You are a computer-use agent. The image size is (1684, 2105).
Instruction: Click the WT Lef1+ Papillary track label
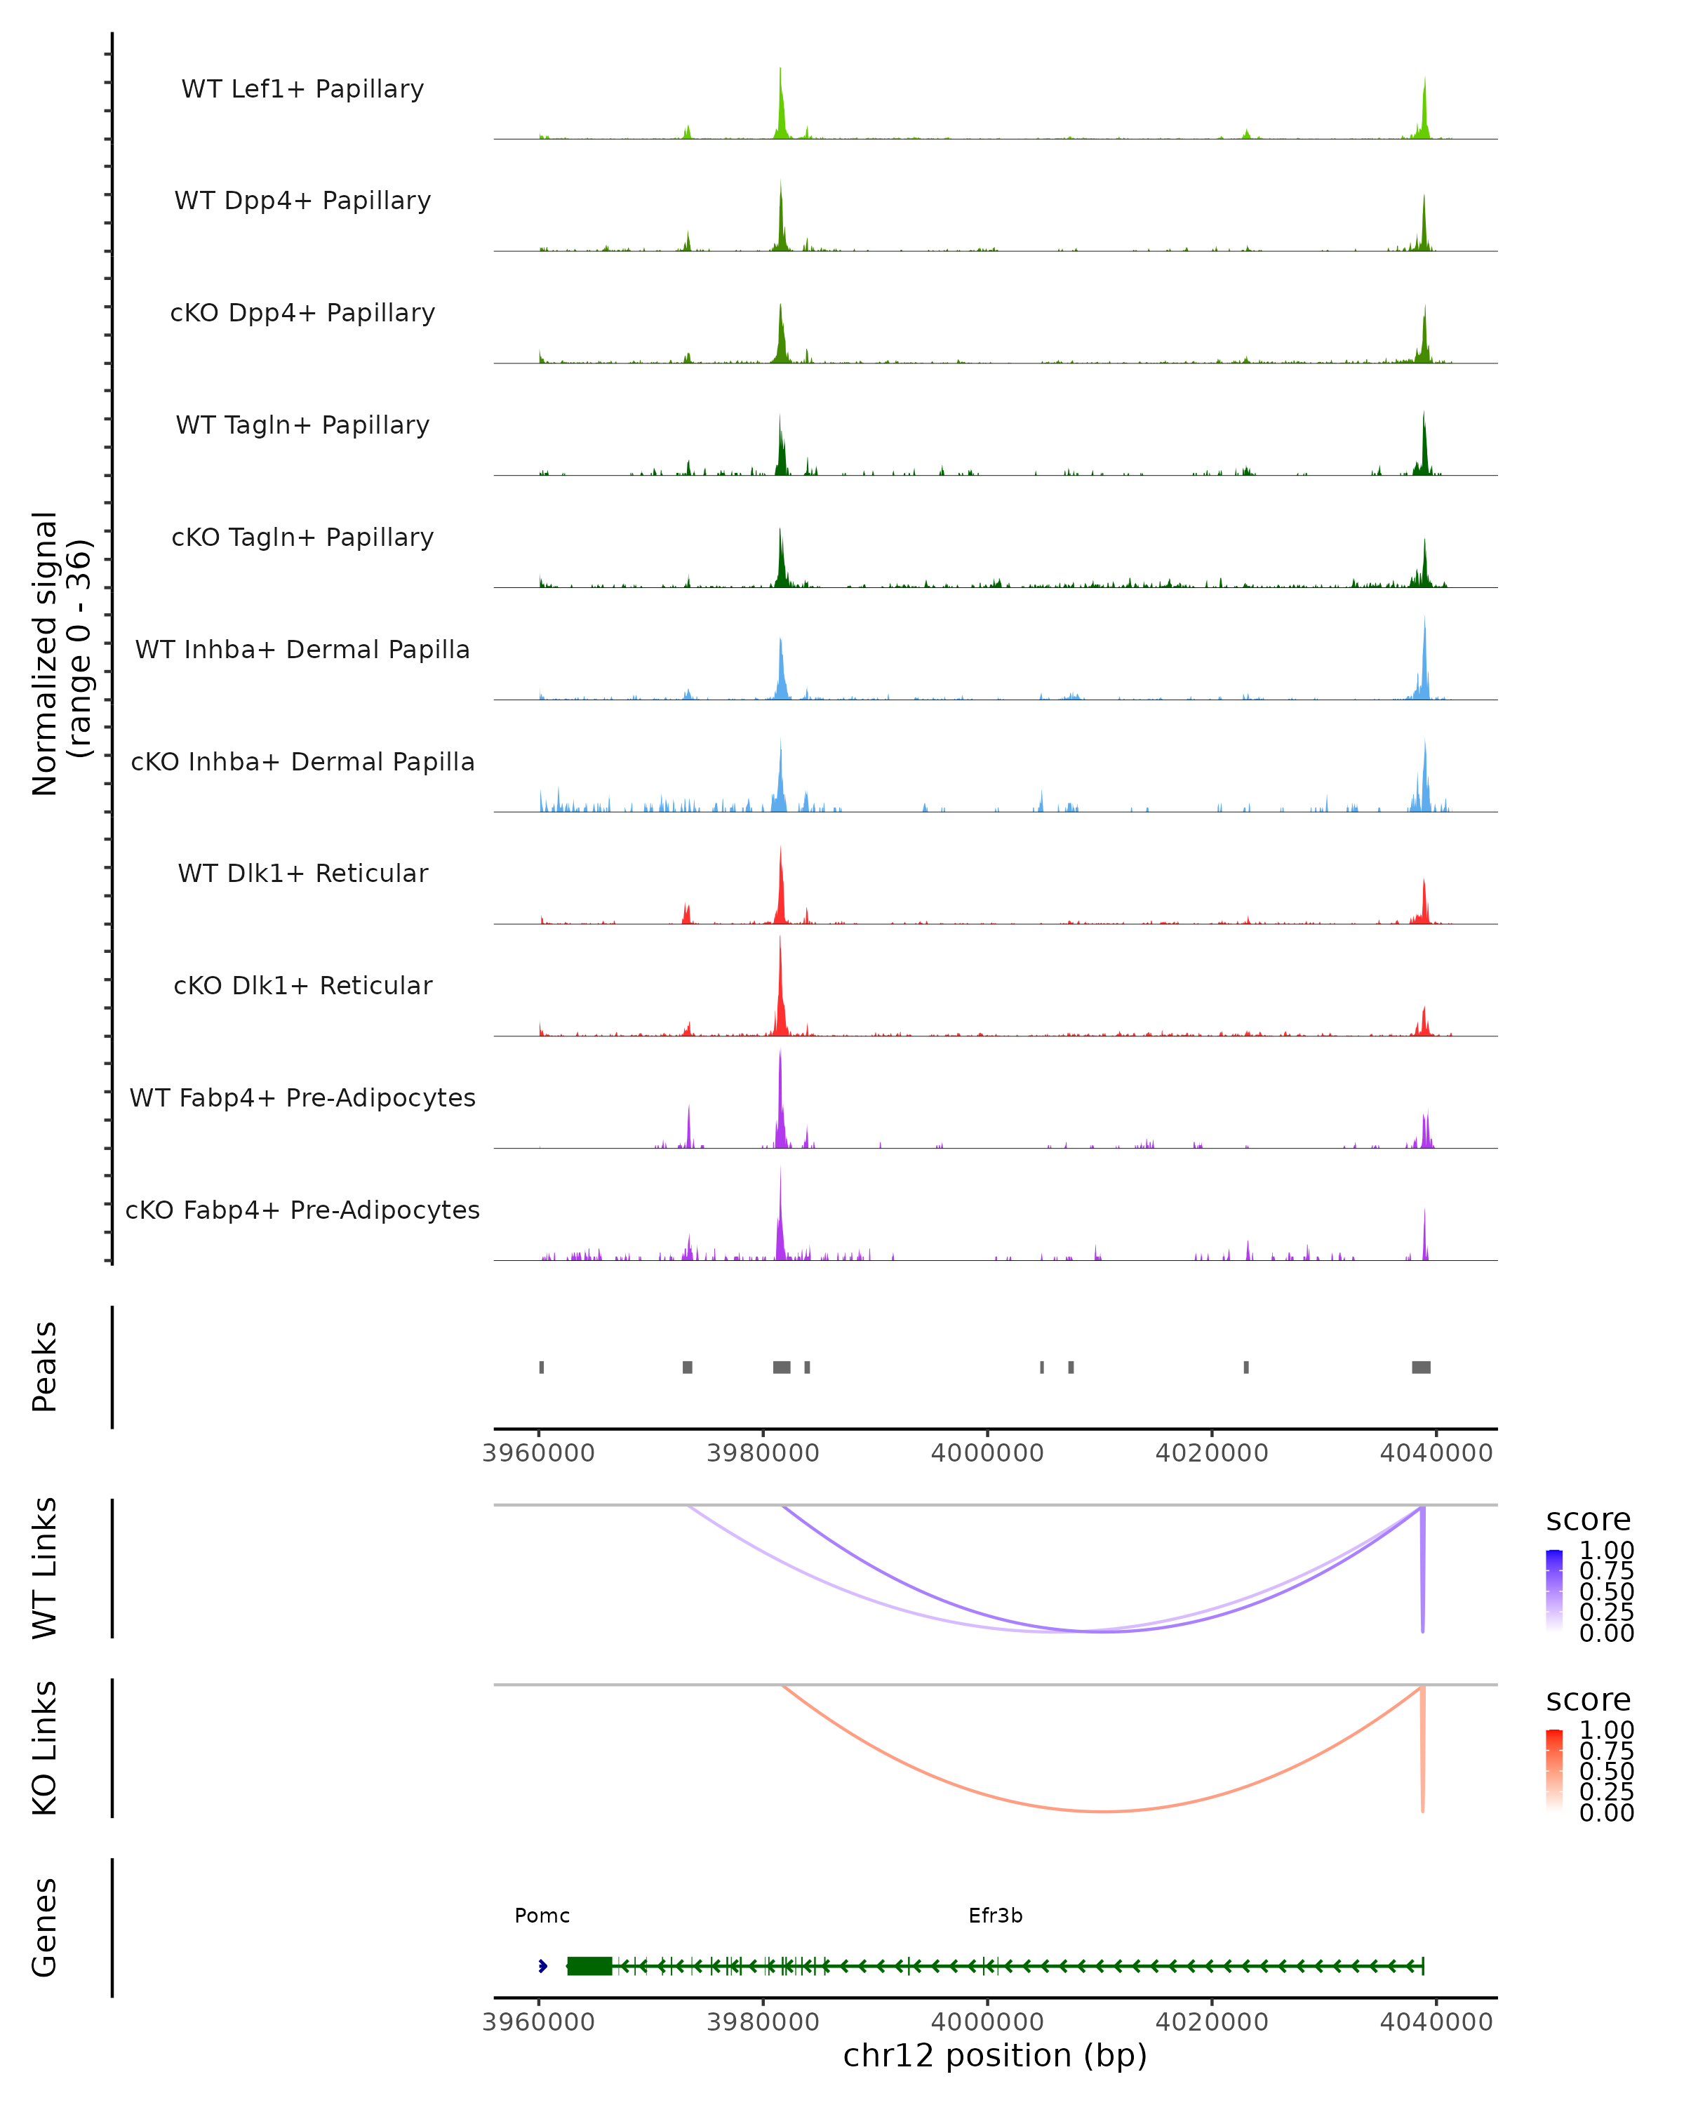click(302, 89)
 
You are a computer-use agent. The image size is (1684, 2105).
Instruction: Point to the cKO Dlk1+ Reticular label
click(302, 985)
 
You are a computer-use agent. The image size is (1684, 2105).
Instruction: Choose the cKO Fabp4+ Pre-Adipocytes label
click(302, 1210)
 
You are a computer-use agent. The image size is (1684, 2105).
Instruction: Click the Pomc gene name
click(542, 1916)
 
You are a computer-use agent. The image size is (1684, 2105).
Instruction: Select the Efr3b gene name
click(995, 1916)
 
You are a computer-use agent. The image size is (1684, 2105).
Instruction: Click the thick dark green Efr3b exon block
click(589, 1965)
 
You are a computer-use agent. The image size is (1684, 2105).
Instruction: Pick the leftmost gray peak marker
click(542, 1367)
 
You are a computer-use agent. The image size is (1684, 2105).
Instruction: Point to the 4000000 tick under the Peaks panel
click(987, 1453)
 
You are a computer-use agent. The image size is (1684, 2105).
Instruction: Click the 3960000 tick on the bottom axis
click(539, 2022)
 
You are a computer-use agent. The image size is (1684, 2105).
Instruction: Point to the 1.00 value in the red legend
click(1607, 1730)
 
